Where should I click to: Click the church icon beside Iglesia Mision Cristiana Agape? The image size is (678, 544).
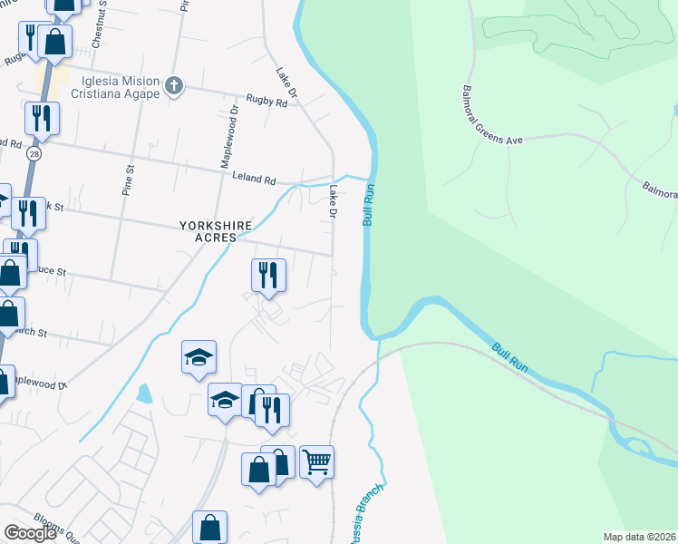pyautogui.click(x=175, y=87)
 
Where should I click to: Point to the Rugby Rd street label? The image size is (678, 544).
pyautogui.click(x=267, y=102)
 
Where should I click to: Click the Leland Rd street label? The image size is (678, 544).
pyautogui.click(x=254, y=180)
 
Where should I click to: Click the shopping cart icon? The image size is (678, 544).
pyautogui.click(x=316, y=462)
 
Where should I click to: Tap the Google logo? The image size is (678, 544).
pyautogui.click(x=30, y=533)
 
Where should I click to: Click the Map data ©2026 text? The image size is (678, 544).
pyautogui.click(x=639, y=537)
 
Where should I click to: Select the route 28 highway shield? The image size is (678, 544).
pyautogui.click(x=34, y=154)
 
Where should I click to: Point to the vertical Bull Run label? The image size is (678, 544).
pyautogui.click(x=369, y=205)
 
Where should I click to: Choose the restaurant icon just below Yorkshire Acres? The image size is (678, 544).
pyautogui.click(x=268, y=275)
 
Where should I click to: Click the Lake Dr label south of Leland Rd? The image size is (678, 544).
pyautogui.click(x=333, y=202)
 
